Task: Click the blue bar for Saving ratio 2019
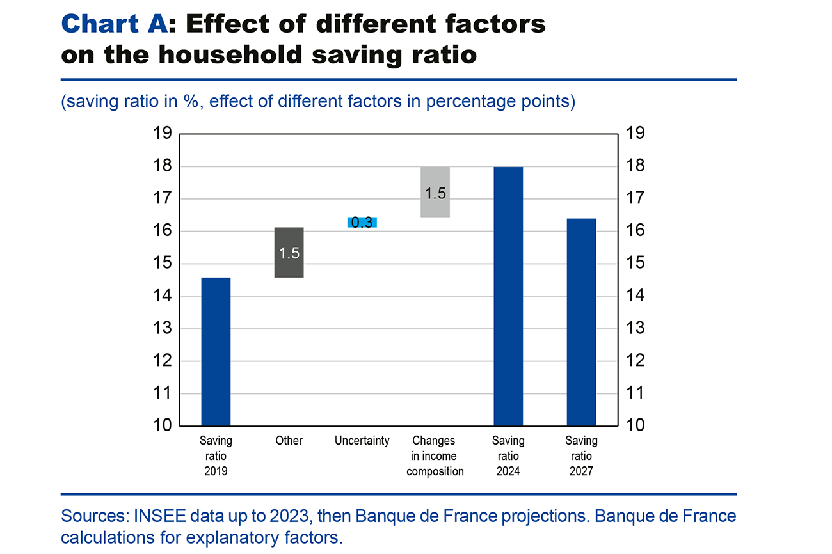(x=216, y=351)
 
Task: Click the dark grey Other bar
(x=289, y=269)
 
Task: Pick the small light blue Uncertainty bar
(x=362, y=222)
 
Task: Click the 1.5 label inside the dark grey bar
(x=289, y=253)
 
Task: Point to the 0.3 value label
(x=362, y=223)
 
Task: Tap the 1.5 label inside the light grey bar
(x=435, y=193)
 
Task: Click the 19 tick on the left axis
(x=163, y=134)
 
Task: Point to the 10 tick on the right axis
(x=636, y=425)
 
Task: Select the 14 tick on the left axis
(x=163, y=296)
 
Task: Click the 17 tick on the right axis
(x=636, y=199)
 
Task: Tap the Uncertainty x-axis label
(x=362, y=441)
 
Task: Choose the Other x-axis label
(x=289, y=441)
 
